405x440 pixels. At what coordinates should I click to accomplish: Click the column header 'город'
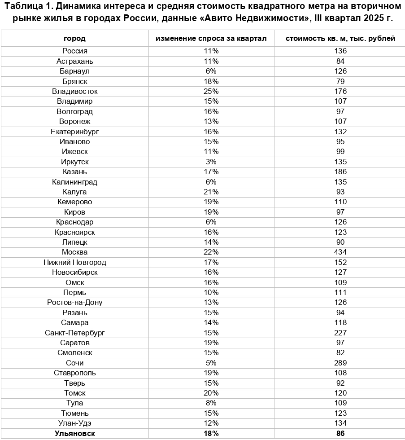(x=74, y=39)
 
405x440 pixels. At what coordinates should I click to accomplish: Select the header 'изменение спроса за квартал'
(x=211, y=39)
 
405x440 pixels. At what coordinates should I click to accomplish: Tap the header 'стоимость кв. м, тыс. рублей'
(x=340, y=39)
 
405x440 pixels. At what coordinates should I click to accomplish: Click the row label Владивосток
(x=74, y=92)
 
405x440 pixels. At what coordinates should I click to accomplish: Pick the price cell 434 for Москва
(x=340, y=252)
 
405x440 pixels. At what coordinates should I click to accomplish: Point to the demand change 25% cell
(x=211, y=92)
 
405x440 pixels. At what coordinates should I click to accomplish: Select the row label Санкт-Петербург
(x=74, y=333)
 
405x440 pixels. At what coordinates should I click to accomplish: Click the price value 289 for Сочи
(x=340, y=363)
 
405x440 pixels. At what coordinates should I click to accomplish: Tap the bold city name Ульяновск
(x=74, y=433)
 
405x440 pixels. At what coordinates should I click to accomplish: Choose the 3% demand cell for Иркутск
(x=211, y=162)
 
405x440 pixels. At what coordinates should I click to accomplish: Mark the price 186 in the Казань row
(x=340, y=172)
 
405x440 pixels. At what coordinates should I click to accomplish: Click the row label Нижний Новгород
(x=74, y=263)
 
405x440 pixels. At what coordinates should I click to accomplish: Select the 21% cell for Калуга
(x=211, y=192)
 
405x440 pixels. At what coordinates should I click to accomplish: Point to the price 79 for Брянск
(x=340, y=81)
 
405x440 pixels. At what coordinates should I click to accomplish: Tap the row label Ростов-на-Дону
(x=74, y=303)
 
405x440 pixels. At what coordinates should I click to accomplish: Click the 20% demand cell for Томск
(x=211, y=393)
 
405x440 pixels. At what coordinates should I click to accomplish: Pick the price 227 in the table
(x=340, y=333)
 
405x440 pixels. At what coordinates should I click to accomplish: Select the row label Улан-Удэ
(x=74, y=423)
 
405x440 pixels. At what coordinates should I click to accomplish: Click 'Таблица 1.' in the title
(x=24, y=8)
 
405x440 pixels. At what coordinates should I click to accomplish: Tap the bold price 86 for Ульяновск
(x=340, y=433)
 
